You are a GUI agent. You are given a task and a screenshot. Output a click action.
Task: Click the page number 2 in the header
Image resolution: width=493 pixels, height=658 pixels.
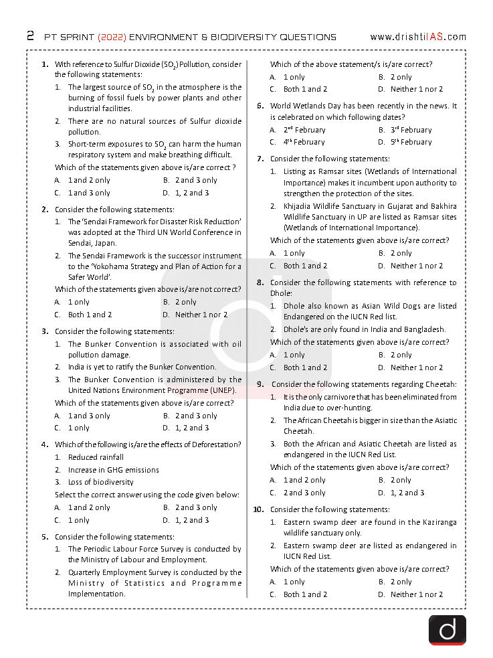click(x=31, y=36)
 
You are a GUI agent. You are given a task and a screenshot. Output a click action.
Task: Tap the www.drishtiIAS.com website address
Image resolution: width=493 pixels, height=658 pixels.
click(x=418, y=37)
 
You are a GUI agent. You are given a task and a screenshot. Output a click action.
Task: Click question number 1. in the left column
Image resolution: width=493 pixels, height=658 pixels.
click(x=45, y=64)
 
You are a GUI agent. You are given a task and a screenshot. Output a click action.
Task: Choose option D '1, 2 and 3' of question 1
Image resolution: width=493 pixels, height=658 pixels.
click(x=191, y=193)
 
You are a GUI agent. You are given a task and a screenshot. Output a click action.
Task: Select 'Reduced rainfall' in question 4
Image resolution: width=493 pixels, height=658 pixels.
click(x=96, y=457)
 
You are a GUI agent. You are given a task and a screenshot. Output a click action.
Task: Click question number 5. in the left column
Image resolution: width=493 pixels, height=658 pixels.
click(x=45, y=537)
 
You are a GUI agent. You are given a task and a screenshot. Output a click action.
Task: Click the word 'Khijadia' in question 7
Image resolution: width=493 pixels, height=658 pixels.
click(x=299, y=206)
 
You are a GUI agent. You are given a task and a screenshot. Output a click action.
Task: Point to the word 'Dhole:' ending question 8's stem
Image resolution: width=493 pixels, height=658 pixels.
click(x=282, y=293)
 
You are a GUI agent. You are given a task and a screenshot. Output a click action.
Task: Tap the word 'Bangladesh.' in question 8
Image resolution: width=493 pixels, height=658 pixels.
click(x=424, y=329)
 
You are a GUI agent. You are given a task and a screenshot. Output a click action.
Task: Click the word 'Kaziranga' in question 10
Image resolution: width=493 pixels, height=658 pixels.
click(x=436, y=522)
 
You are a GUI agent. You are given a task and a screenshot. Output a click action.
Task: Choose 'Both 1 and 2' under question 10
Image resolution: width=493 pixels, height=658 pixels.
click(x=305, y=594)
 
